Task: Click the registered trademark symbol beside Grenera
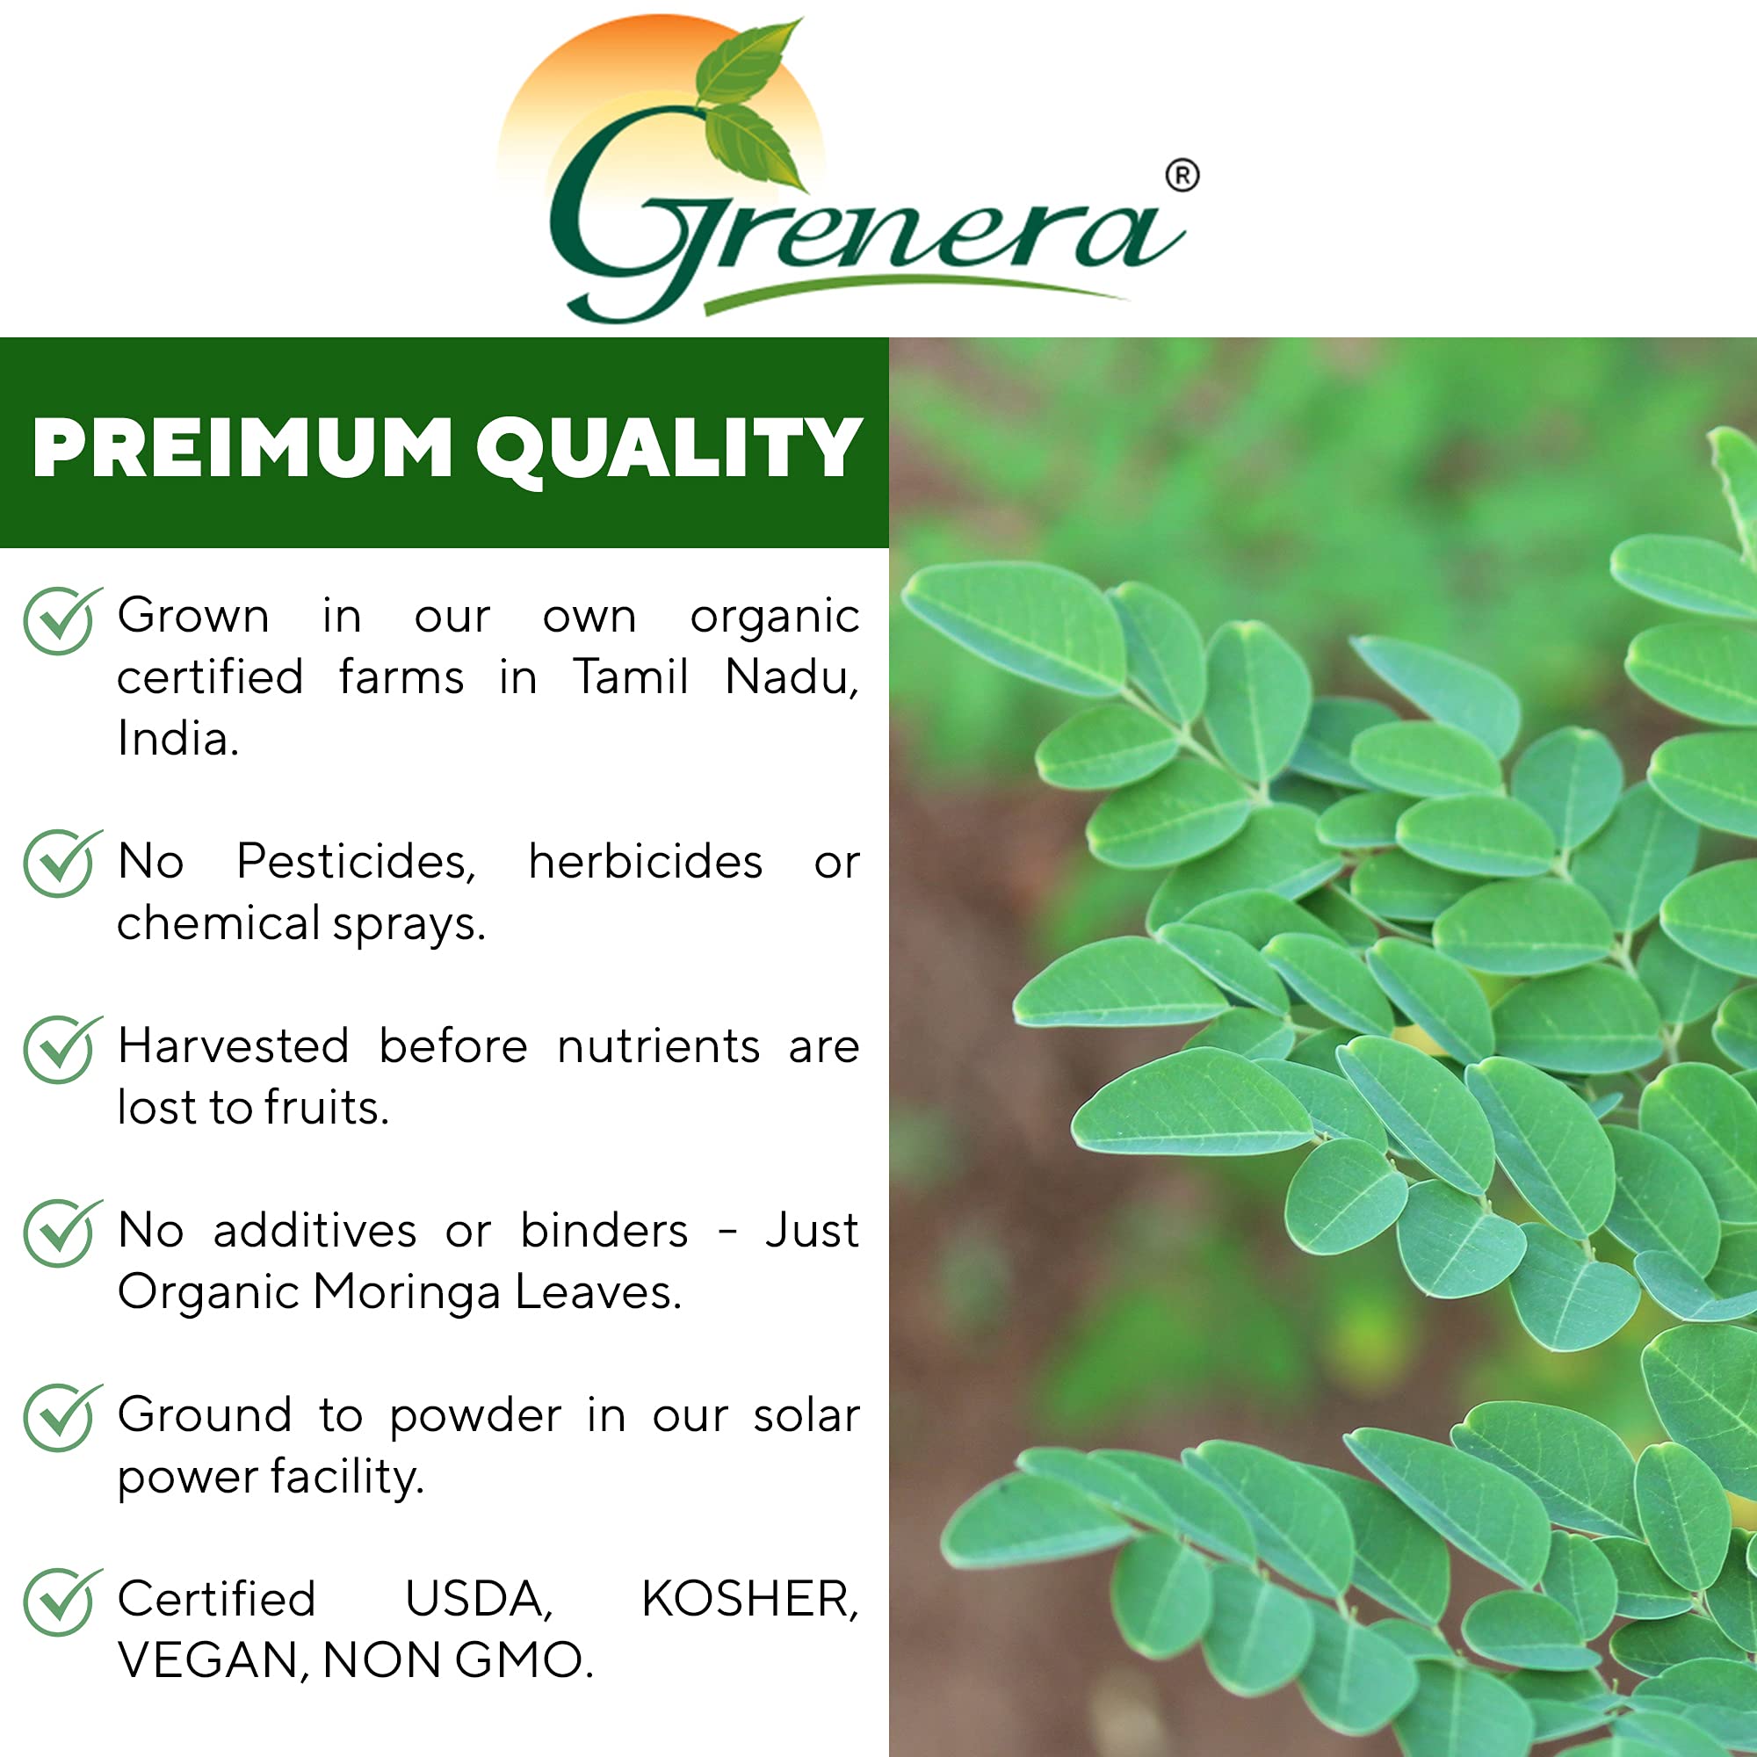[x=1182, y=176]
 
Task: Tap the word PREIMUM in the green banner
[x=242, y=448]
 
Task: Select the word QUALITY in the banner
[x=669, y=448]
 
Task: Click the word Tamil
[x=630, y=677]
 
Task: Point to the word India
[x=177, y=739]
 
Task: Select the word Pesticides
[x=356, y=862]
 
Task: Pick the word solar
[x=806, y=1416]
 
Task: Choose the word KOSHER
[x=749, y=1601]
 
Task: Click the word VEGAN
[x=213, y=1661]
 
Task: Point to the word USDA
[x=479, y=1601]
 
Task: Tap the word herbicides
[x=645, y=862]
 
